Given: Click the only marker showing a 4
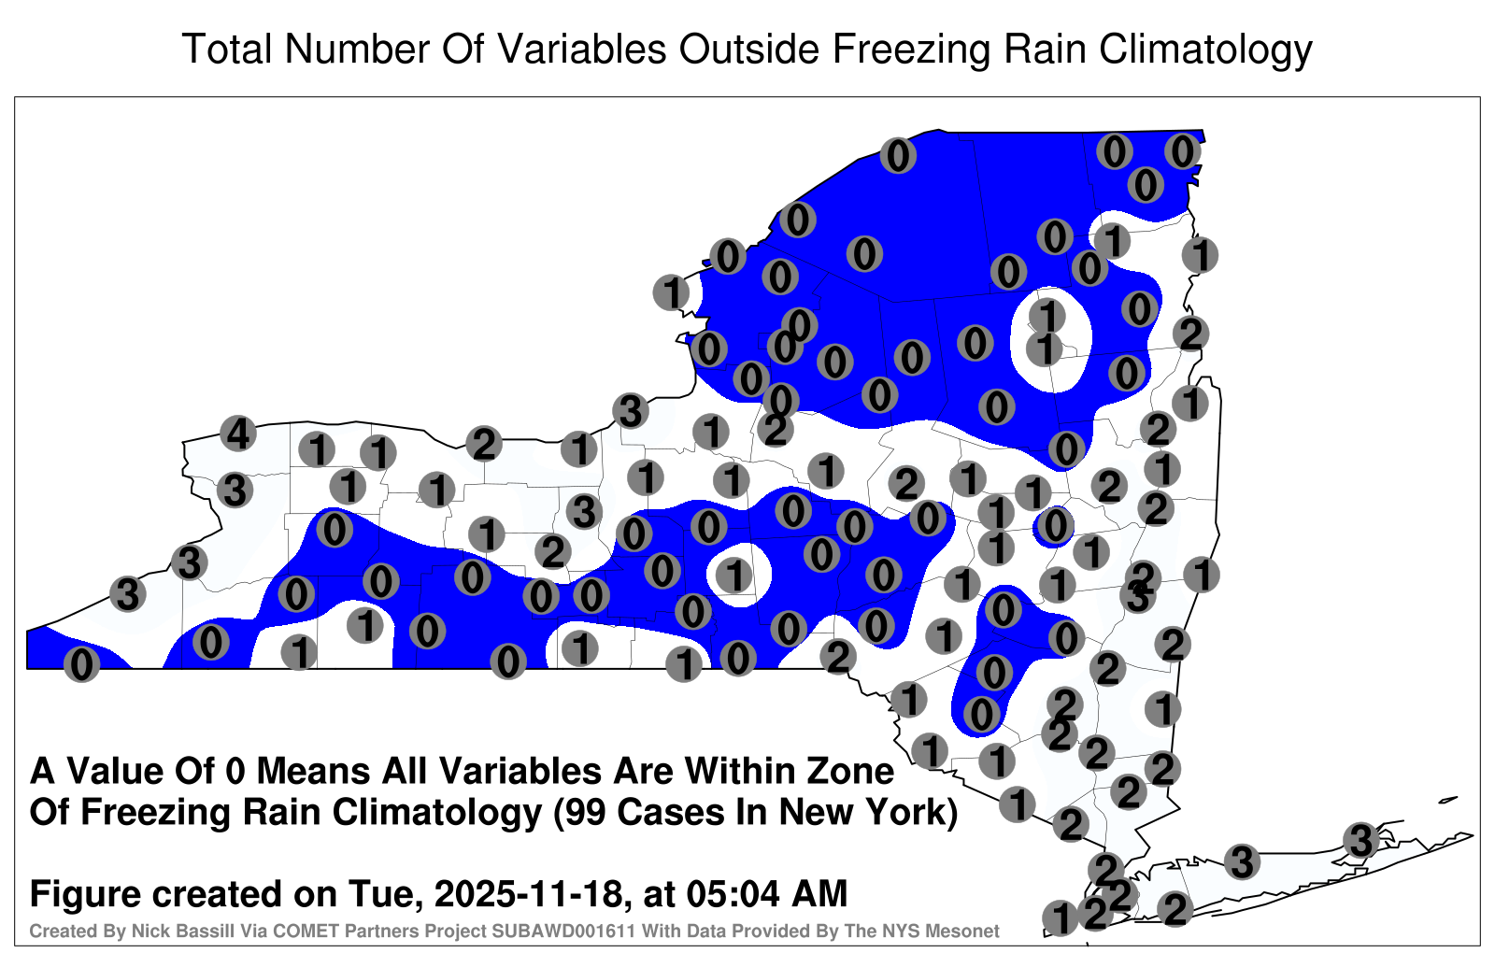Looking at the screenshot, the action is coord(238,434).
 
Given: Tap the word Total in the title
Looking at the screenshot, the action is coord(227,49).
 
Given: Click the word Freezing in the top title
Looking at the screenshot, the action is coord(910,50).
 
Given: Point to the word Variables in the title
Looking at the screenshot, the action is coord(580,49).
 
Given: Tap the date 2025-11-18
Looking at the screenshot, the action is coord(529,893).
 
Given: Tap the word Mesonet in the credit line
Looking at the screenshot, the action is coord(966,931).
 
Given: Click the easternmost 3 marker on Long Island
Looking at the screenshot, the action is coord(1360,840).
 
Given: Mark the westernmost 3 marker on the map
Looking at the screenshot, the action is coord(127,594).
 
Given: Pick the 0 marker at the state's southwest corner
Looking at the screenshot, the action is coord(81,664).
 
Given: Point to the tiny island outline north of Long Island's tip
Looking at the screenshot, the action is coord(1447,800).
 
